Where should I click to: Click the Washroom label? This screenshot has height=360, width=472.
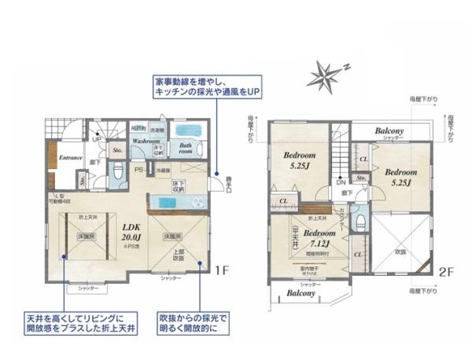(x=146, y=141)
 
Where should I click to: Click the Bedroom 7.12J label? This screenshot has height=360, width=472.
(x=319, y=237)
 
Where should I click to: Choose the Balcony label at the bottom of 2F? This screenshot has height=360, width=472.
(x=301, y=293)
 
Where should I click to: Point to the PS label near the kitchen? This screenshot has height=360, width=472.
(x=138, y=168)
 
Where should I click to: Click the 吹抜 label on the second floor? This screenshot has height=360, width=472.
(x=400, y=252)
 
